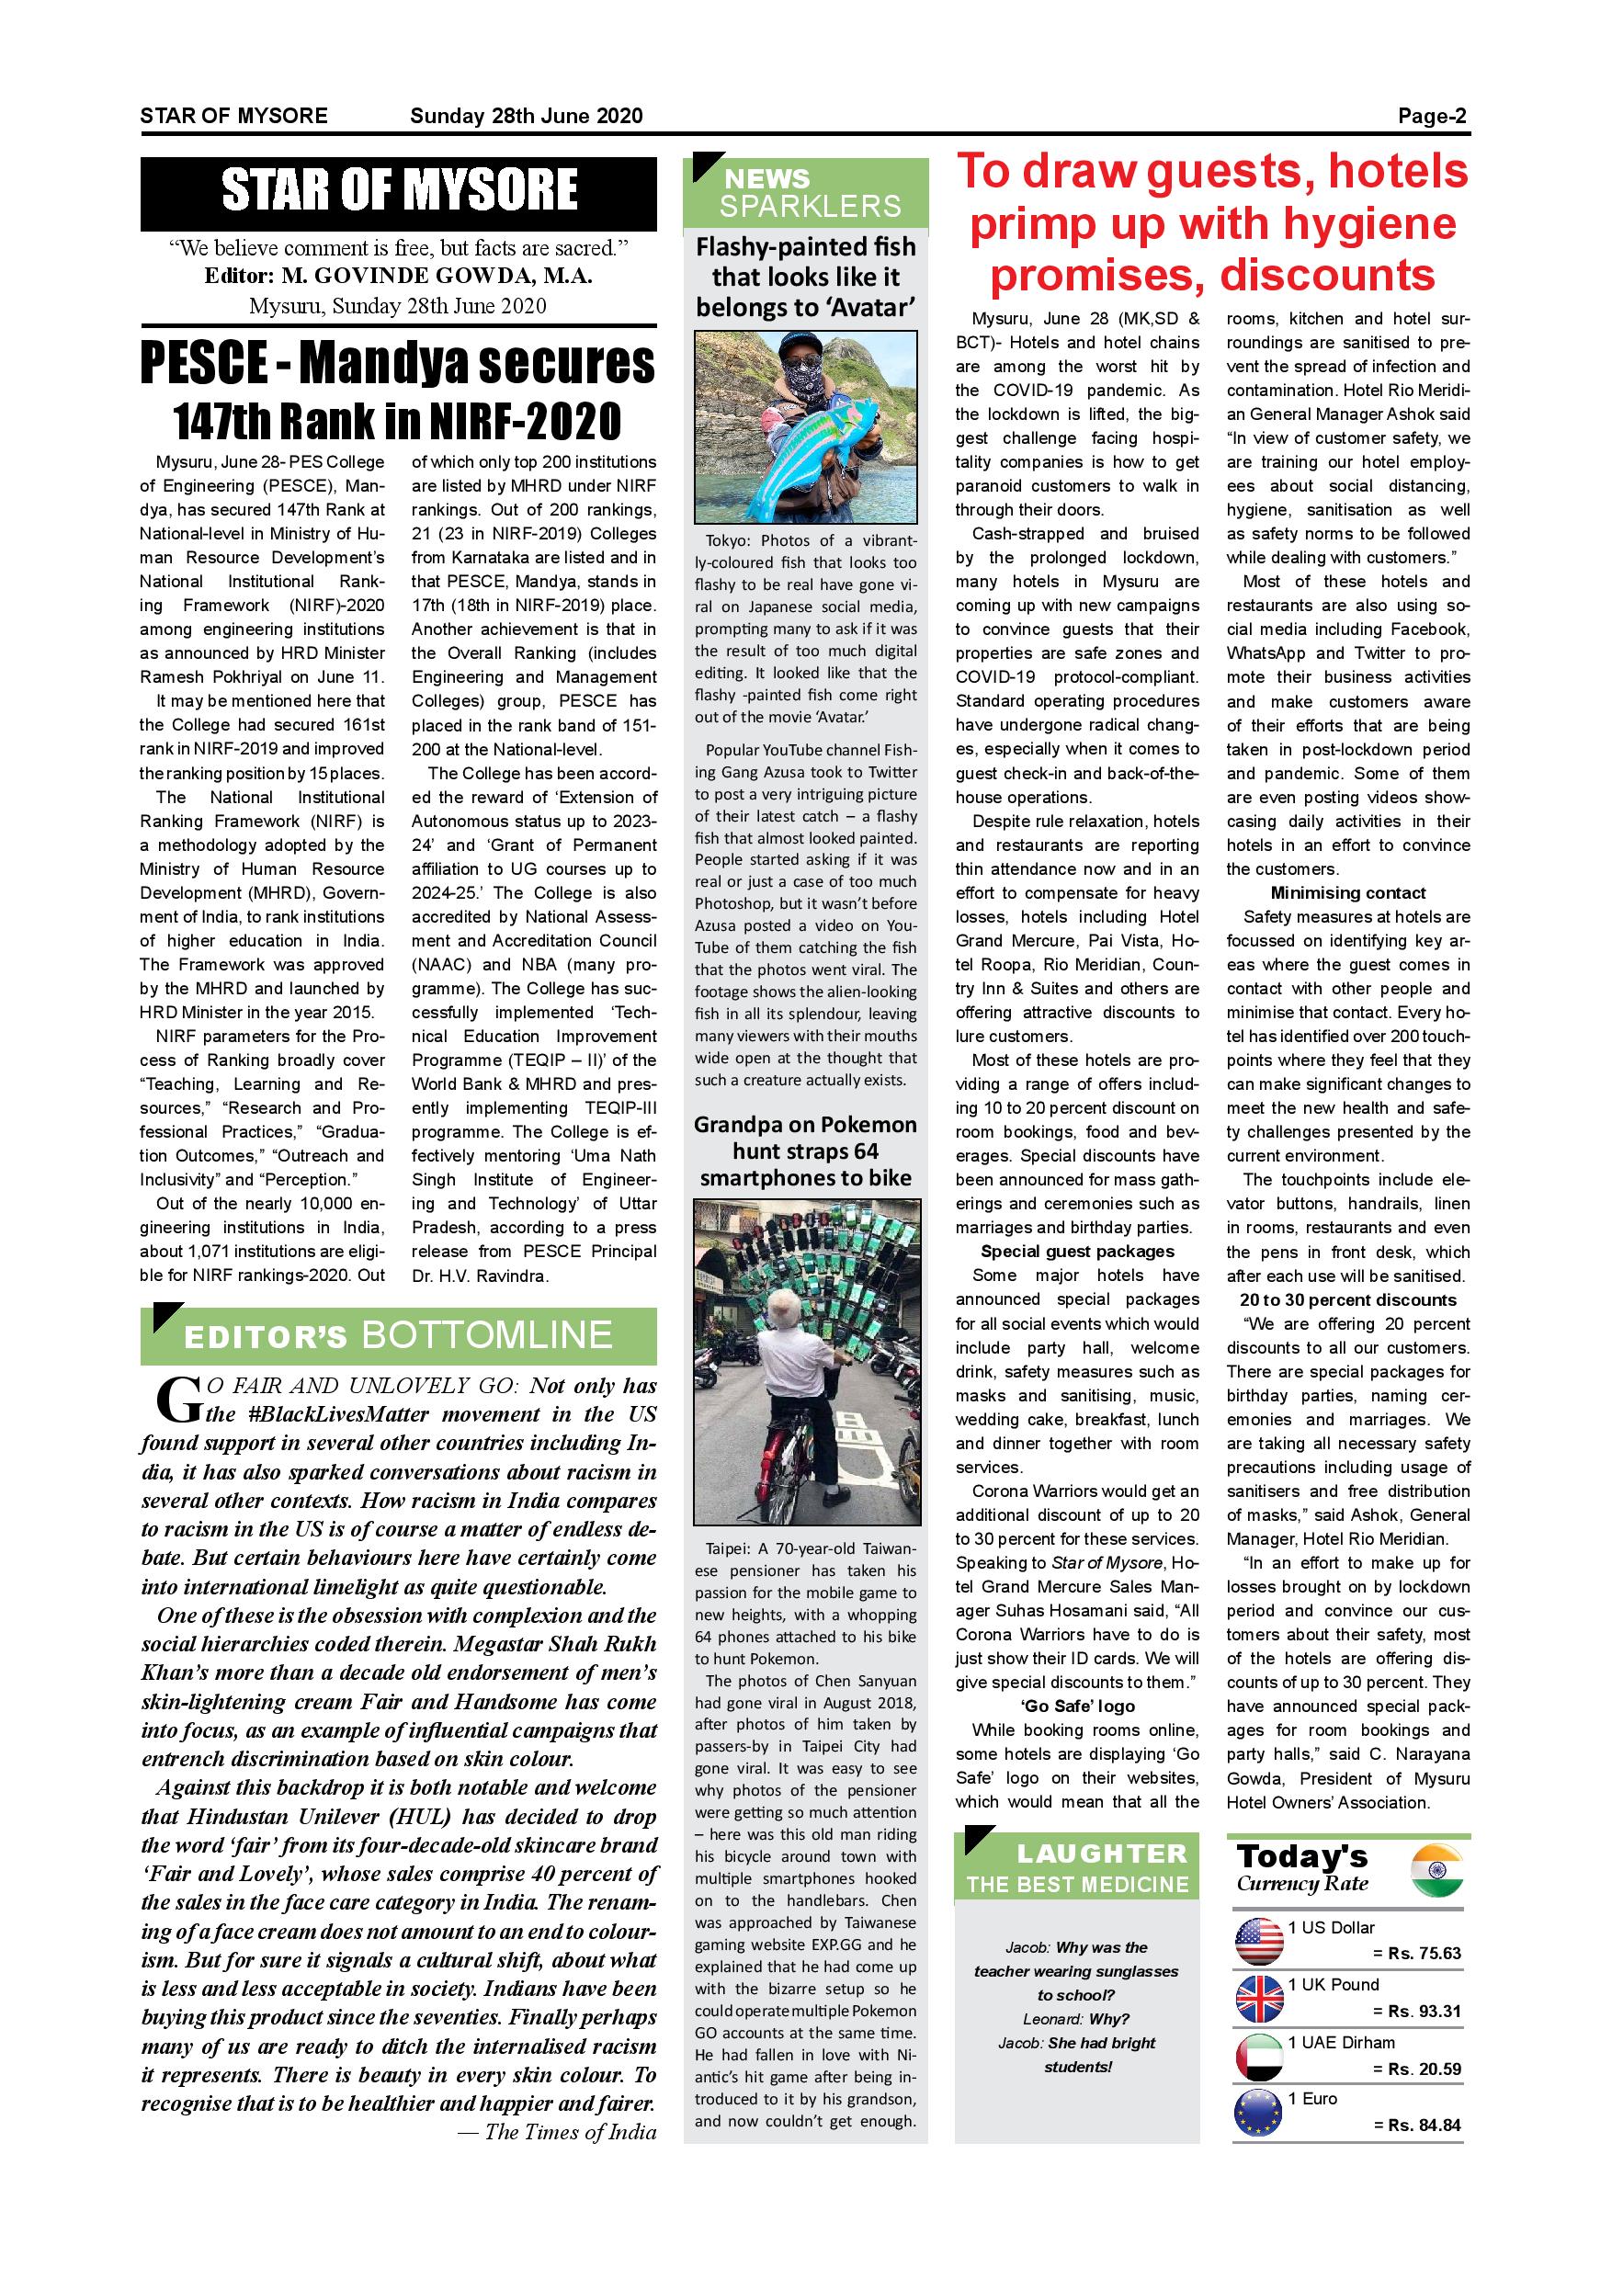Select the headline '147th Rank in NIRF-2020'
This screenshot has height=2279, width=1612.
[397, 421]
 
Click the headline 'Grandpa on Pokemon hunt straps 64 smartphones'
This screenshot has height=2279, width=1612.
[805, 1151]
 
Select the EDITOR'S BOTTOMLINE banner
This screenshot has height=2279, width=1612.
[398, 1336]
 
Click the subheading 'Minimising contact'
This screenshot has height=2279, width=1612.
[1347, 893]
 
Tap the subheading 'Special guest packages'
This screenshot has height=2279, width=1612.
[1077, 1252]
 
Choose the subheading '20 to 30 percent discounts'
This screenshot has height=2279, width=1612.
[1347, 1300]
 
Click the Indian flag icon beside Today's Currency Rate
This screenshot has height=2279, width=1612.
[1436, 1871]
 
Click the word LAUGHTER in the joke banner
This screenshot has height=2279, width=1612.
[1102, 1854]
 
